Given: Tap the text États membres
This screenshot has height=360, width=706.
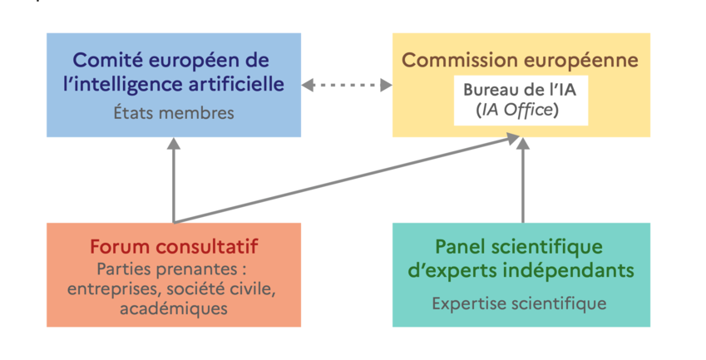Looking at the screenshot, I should (x=174, y=112).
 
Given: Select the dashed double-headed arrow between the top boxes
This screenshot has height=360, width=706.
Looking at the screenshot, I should (x=347, y=85).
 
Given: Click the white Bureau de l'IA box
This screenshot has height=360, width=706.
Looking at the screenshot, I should (x=521, y=100).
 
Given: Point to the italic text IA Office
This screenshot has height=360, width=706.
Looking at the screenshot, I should (x=523, y=110).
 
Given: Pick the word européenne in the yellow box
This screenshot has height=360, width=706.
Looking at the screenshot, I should (x=589, y=61).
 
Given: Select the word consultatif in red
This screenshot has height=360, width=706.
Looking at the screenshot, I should (x=211, y=247).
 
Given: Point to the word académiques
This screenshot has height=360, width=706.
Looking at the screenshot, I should (x=174, y=308).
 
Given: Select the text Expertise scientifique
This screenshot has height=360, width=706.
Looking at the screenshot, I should (x=520, y=303).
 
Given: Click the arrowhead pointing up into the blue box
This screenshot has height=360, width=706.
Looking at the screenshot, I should (x=174, y=144).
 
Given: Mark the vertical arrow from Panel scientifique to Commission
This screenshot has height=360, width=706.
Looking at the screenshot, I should (x=523, y=183).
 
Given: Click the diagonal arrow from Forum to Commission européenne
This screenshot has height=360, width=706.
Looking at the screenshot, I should (x=349, y=180).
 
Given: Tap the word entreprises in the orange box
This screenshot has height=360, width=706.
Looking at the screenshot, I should (x=111, y=288).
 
